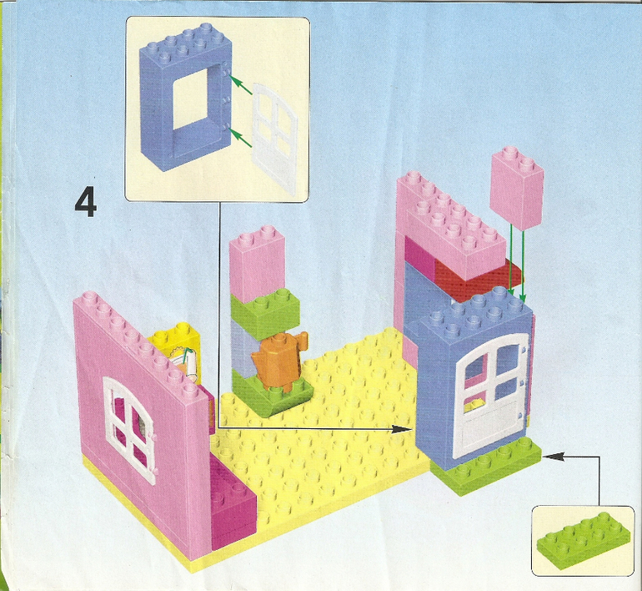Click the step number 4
pyautogui.click(x=86, y=202)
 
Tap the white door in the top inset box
pyautogui.click(x=275, y=137)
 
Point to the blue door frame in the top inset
pyautogui.click(x=186, y=97)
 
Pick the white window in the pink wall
pyautogui.click(x=129, y=429)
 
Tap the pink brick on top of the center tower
pyautogui.click(x=258, y=265)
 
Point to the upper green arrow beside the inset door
pyautogui.click(x=240, y=84)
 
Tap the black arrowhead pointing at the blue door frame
pyautogui.click(x=401, y=429)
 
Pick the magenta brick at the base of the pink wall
pyautogui.click(x=233, y=504)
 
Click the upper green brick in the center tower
pyautogui.click(x=265, y=312)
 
